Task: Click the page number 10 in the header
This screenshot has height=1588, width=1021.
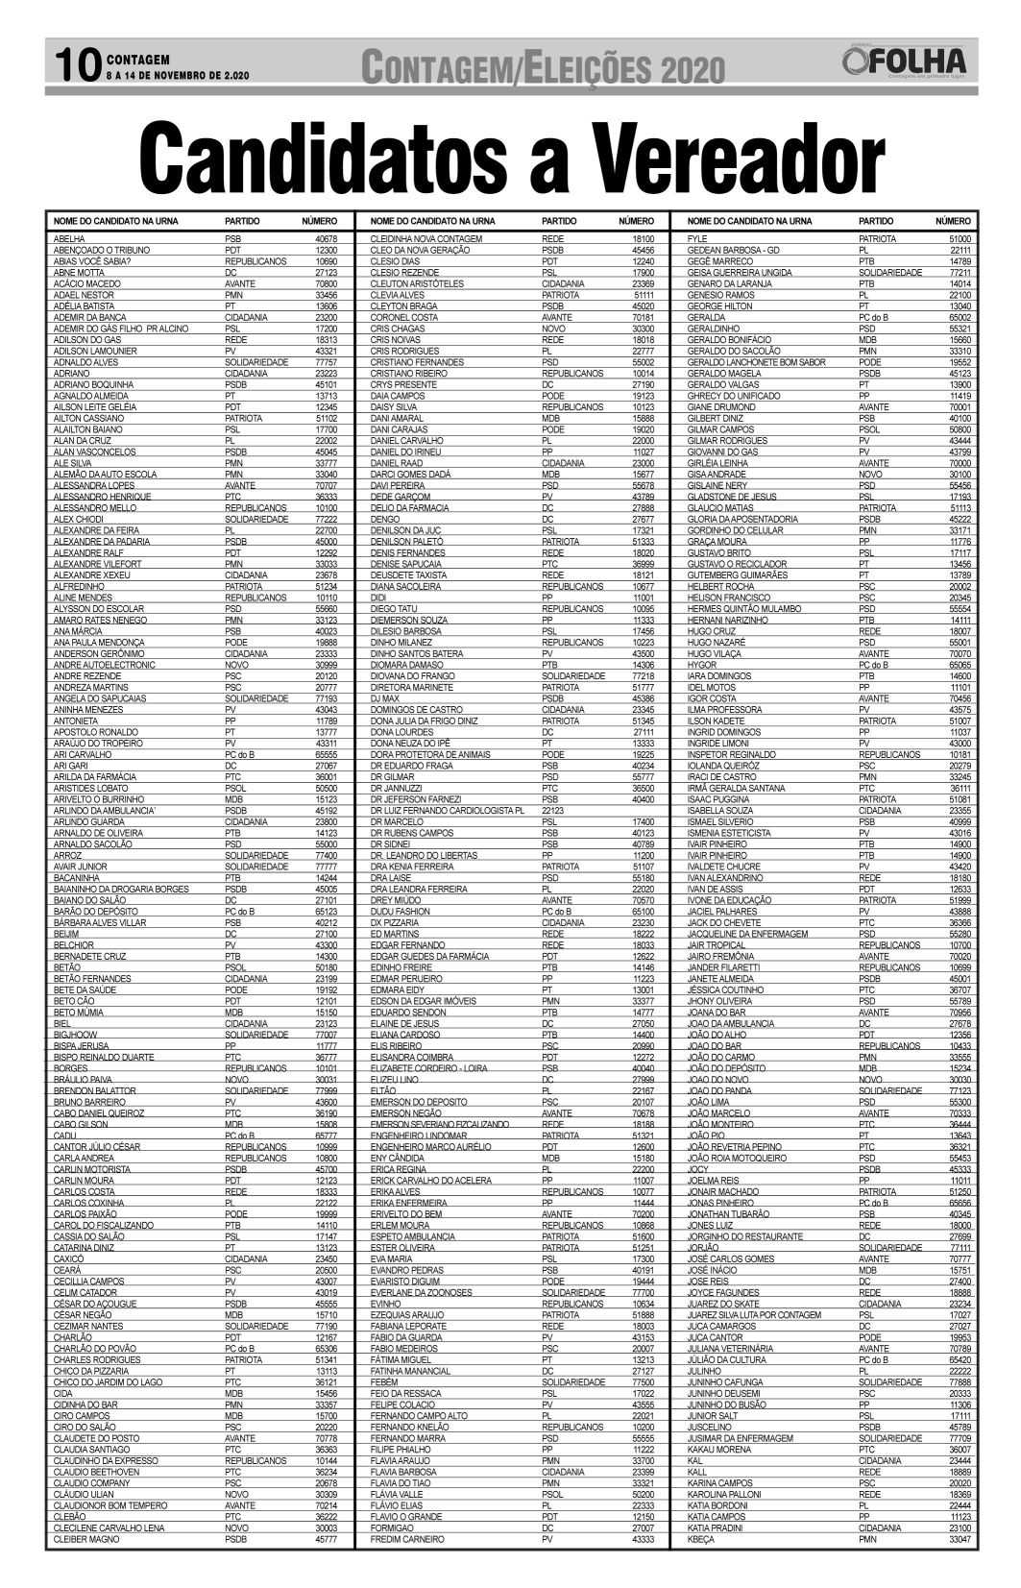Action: pos(75,65)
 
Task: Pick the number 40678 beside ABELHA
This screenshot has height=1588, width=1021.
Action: pos(327,238)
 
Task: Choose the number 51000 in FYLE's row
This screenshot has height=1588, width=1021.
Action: pos(960,238)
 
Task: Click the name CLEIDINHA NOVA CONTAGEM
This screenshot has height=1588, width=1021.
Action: pos(425,238)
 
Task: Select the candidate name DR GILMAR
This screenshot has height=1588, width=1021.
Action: pos(393,776)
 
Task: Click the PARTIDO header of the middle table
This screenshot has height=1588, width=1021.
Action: pos(561,221)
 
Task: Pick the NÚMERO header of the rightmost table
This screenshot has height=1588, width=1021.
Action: pos(953,221)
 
